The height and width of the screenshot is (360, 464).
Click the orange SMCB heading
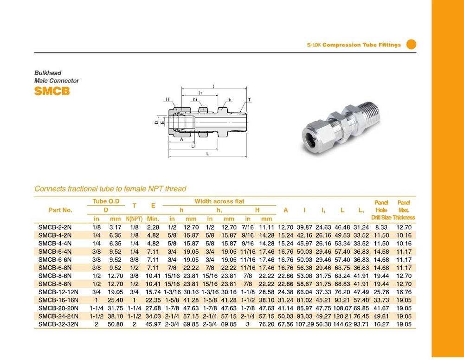click(52, 91)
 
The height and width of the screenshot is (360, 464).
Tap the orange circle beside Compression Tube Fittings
click(411, 45)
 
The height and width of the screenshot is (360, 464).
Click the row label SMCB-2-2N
click(55, 227)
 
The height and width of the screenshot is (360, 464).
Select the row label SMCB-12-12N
click(58, 292)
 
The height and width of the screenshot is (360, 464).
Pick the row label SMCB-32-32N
click(58, 324)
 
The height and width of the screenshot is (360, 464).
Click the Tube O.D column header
click(106, 201)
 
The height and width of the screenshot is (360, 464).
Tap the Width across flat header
click(219, 201)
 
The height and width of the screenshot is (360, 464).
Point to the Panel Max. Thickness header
click(404, 210)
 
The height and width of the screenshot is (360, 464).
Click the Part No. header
click(60, 210)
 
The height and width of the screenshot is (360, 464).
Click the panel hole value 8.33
click(381, 227)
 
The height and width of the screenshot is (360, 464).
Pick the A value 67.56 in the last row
click(286, 324)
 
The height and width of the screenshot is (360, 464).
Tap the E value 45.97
click(153, 324)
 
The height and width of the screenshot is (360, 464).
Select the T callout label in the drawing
click(249, 100)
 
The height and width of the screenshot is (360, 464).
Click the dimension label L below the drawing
click(207, 154)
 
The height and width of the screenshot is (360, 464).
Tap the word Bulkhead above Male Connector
click(48, 73)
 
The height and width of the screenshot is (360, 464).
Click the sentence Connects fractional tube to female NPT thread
click(110, 189)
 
